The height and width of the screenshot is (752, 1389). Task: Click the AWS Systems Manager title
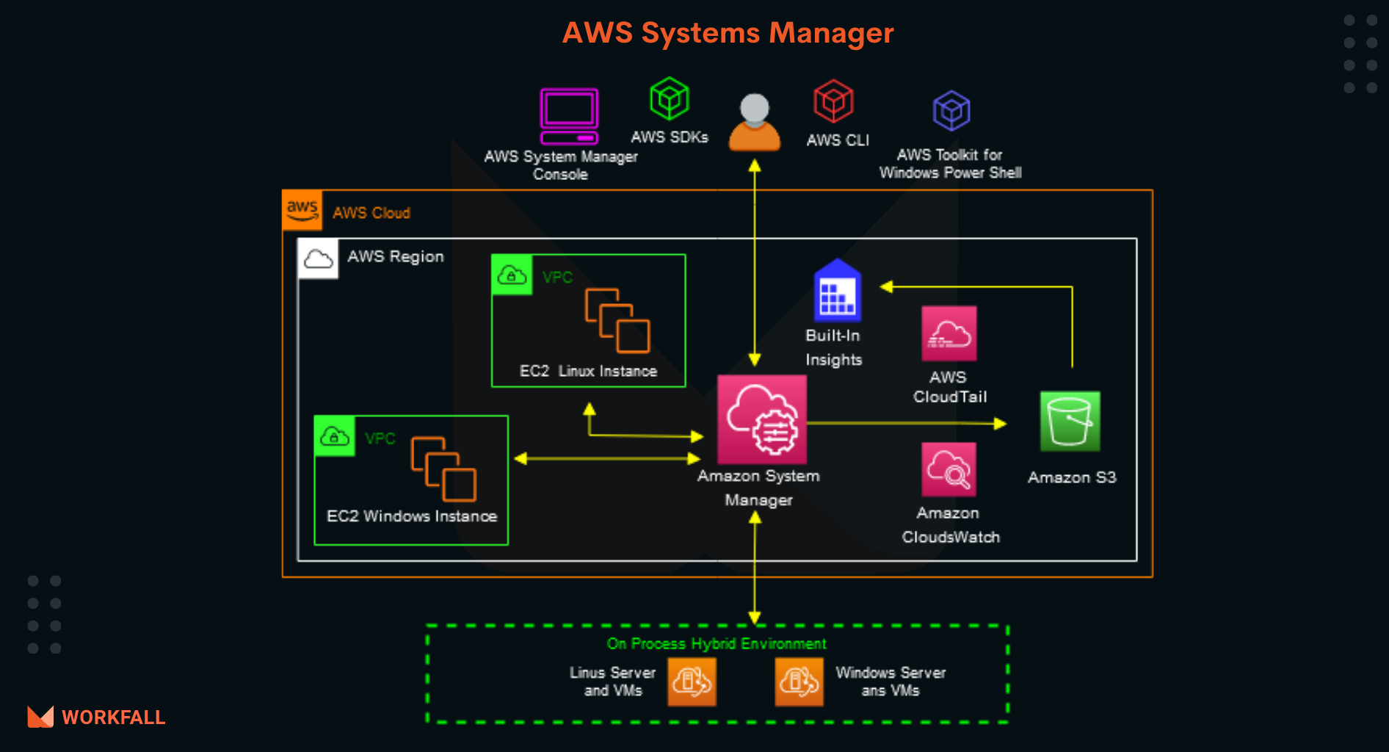728,33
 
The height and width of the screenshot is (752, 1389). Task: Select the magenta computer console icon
569,116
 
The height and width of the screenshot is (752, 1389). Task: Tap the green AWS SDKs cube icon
669,98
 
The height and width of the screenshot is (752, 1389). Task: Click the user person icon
754,123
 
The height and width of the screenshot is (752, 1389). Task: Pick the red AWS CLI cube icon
833,101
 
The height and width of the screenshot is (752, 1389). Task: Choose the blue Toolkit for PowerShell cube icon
951,111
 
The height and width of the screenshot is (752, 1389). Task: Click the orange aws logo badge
302,210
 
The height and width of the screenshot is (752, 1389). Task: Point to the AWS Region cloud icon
318,258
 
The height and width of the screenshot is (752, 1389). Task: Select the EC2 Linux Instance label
588,371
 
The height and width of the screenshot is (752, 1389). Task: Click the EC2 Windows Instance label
411,516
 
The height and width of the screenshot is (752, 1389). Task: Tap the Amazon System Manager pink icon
761,419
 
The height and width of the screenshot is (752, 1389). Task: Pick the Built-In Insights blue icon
837,291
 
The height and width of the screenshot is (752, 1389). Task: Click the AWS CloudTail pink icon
949,333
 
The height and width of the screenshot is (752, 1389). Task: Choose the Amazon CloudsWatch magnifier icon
949,469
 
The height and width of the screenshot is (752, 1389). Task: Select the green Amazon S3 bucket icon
1070,421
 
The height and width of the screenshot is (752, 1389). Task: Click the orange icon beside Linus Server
692,681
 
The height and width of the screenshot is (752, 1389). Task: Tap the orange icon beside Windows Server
799,681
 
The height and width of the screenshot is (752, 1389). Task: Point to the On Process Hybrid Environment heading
716,644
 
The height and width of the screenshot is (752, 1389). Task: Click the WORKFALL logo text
113,717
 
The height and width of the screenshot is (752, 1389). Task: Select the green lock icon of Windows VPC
335,436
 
